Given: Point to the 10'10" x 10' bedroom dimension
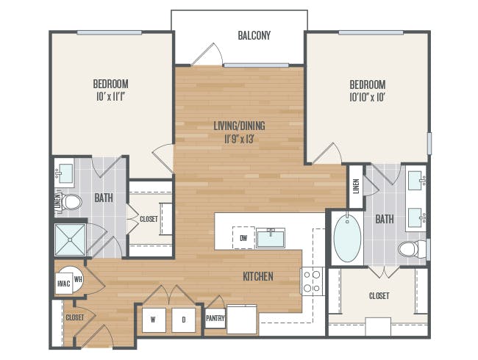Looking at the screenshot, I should pyautogui.click(x=368, y=96).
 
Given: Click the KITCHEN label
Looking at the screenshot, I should pyautogui.click(x=258, y=277).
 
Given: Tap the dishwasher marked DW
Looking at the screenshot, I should pyautogui.click(x=243, y=238).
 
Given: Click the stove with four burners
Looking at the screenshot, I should pyautogui.click(x=312, y=281).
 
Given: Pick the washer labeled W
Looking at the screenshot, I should pyautogui.click(x=154, y=320).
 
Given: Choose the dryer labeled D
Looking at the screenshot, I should pyautogui.click(x=184, y=320).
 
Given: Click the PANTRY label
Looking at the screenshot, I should pyautogui.click(x=215, y=318).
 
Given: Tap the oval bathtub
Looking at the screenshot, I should pyautogui.click(x=344, y=239).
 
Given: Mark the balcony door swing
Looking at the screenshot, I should pyautogui.click(x=207, y=55).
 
